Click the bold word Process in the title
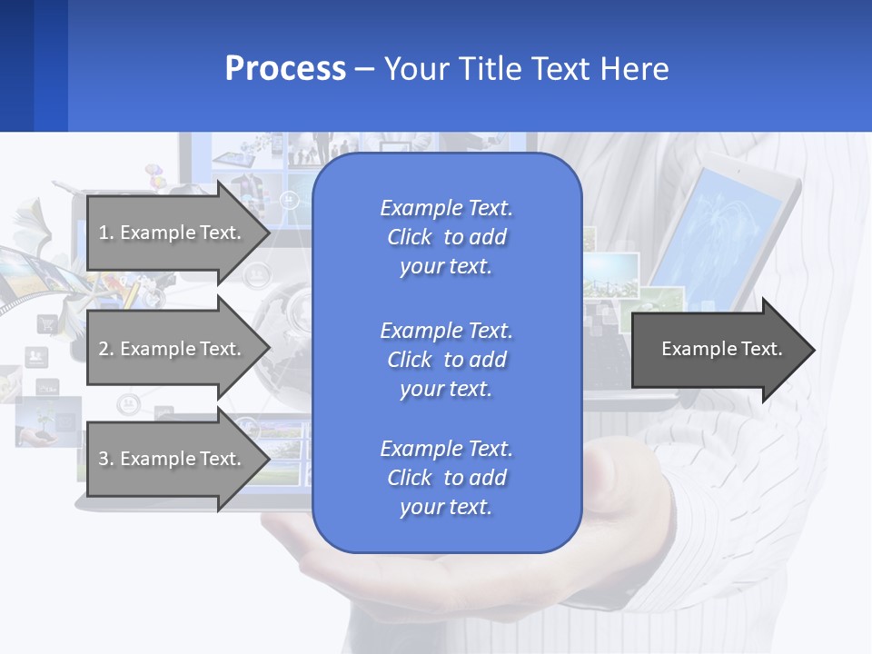[285, 69]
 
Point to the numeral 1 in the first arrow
[104, 233]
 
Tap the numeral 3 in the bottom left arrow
[104, 459]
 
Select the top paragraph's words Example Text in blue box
[446, 208]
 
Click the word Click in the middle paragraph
[409, 360]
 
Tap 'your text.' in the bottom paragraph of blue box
[446, 507]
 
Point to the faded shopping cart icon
[45, 323]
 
